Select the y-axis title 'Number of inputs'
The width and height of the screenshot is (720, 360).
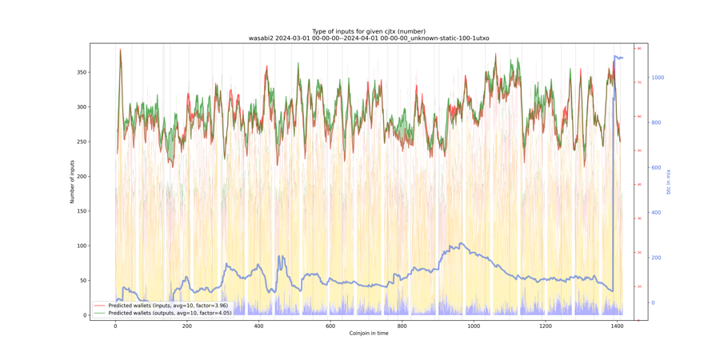click(x=72, y=182)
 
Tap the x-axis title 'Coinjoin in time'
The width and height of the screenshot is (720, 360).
click(x=369, y=333)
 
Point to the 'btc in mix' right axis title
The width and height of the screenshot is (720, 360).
click(x=669, y=182)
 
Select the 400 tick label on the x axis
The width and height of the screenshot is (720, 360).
click(x=258, y=326)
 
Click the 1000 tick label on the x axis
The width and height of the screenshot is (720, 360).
click(x=474, y=326)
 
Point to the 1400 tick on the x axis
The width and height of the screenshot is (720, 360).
click(x=617, y=326)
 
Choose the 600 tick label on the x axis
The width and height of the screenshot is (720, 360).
click(x=330, y=326)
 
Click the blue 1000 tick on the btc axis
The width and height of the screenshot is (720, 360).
click(x=658, y=78)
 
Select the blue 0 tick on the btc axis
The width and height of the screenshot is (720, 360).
click(x=653, y=302)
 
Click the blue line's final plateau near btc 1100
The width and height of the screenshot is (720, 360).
click(x=618, y=58)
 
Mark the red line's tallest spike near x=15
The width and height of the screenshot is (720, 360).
click(x=121, y=50)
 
